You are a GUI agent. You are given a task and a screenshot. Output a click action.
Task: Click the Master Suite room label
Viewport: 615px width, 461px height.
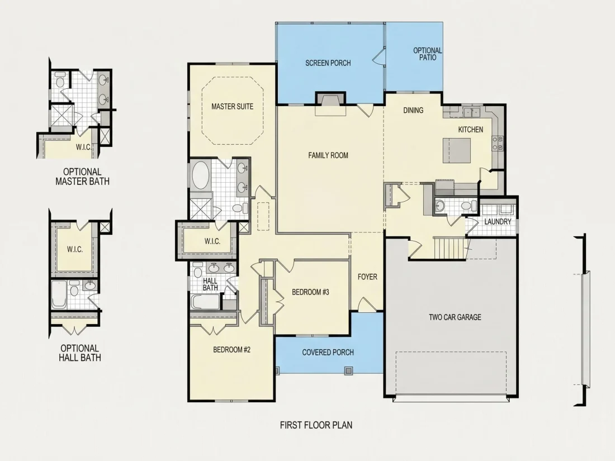[232, 107]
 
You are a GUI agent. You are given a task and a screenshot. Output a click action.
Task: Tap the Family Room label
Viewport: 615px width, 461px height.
[328, 156]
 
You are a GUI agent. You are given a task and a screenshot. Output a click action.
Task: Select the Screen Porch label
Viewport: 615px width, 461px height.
[328, 63]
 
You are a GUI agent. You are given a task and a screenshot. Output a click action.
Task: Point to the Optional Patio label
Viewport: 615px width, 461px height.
[428, 54]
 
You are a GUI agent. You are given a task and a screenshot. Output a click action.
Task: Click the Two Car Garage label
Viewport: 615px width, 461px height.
[455, 317]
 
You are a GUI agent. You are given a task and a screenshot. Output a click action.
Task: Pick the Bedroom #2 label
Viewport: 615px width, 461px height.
[232, 350]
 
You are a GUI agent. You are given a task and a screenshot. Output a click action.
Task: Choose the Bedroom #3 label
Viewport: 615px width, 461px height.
[310, 292]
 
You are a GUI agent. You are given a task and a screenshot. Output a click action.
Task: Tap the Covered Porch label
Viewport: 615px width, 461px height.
[328, 353]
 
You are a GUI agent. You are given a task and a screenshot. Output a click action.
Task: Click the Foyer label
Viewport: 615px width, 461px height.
[367, 277]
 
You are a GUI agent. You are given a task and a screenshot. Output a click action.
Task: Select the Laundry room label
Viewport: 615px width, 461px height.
[498, 222]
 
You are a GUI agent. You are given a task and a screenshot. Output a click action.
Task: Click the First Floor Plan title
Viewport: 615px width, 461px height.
[316, 425]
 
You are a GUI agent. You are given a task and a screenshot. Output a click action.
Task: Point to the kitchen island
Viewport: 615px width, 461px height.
[457, 150]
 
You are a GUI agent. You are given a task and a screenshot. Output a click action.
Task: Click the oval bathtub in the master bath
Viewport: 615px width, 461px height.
[200, 175]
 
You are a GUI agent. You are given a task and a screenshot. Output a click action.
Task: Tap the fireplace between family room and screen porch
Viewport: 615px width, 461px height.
[330, 103]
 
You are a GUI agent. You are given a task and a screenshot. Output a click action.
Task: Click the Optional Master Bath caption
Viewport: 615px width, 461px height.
[82, 177]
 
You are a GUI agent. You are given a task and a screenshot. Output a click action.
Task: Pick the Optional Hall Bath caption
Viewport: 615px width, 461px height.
[80, 353]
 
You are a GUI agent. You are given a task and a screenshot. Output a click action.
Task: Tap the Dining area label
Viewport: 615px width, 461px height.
[413, 111]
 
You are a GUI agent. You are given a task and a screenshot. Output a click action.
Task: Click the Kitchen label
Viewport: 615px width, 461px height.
[471, 130]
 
